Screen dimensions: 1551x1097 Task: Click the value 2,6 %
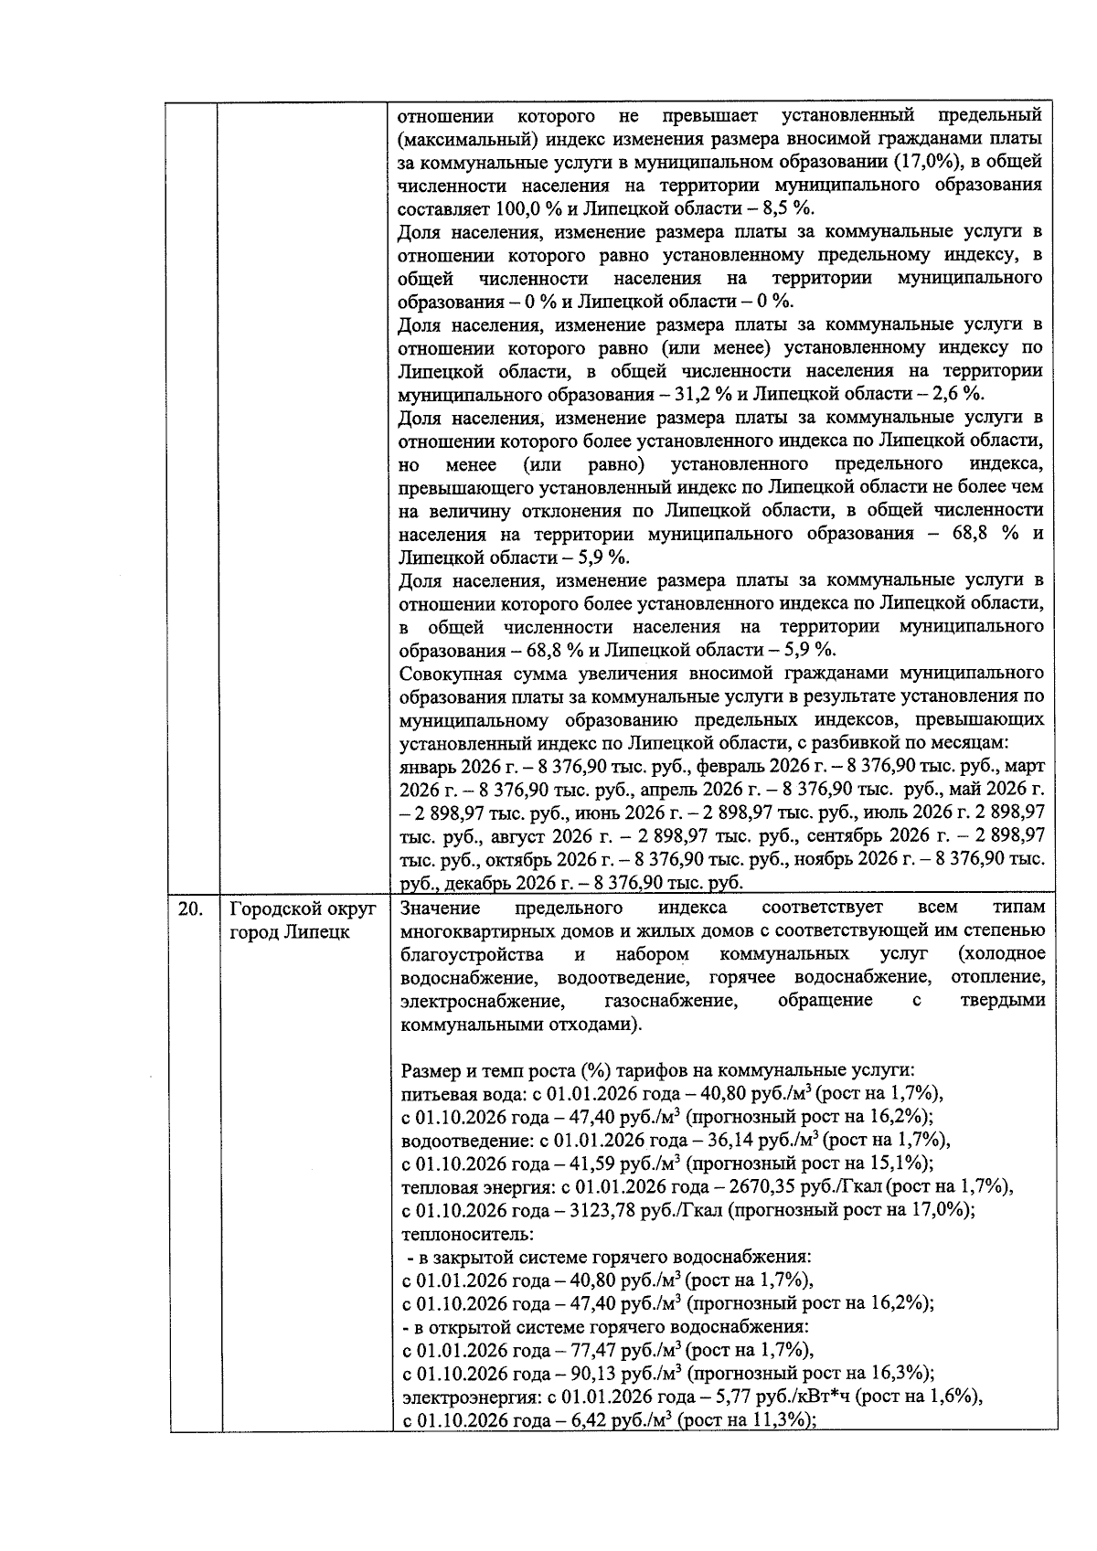click(x=955, y=394)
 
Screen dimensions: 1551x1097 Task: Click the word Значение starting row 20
click(x=440, y=908)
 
